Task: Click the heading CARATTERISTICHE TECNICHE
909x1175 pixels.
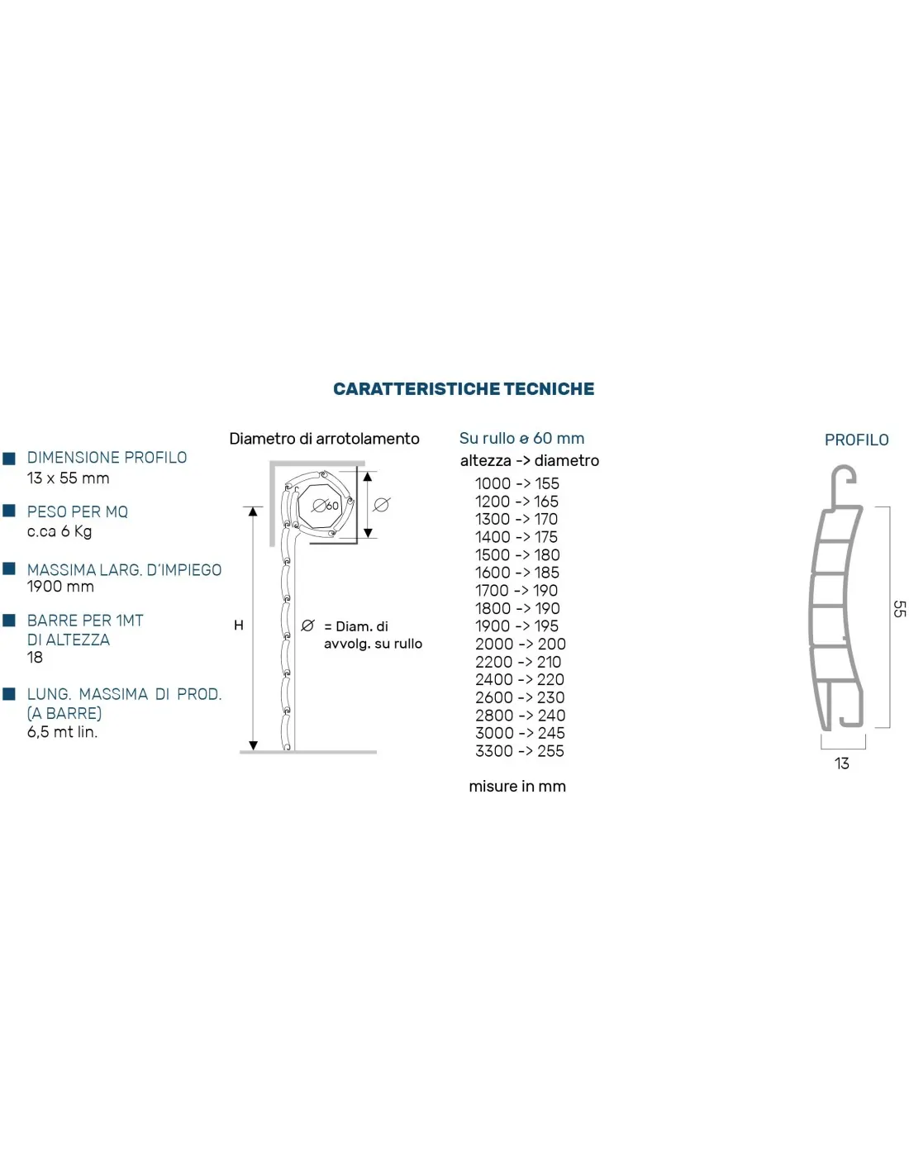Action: (x=464, y=389)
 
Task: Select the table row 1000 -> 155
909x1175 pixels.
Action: (x=516, y=483)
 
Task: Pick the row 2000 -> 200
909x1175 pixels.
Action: (x=520, y=644)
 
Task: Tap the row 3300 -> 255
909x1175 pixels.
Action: (x=519, y=751)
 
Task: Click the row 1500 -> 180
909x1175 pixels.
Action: (x=516, y=554)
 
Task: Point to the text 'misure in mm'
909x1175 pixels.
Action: (x=517, y=787)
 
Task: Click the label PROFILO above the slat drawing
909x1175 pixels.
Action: (x=856, y=440)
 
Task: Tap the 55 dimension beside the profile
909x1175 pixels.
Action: (x=899, y=609)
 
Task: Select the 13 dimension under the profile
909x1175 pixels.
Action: (x=841, y=764)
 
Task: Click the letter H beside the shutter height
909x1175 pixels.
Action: (x=239, y=626)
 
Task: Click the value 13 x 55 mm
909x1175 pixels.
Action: (x=68, y=478)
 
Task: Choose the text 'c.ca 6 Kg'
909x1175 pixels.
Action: (x=59, y=531)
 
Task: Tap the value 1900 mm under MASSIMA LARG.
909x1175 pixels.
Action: (x=60, y=587)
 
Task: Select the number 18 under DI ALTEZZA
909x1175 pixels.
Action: (x=35, y=658)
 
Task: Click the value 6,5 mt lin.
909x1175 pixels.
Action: (x=62, y=732)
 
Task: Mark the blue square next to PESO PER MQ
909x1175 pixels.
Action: (x=10, y=511)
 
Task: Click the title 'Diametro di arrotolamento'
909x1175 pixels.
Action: (x=324, y=439)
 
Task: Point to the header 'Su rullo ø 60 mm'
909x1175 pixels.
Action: (x=521, y=439)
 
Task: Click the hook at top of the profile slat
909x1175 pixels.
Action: (x=843, y=480)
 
